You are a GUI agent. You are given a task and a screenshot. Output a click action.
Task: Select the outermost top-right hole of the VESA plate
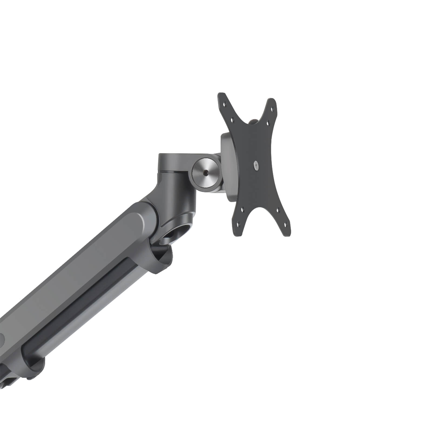click(x=274, y=109)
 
